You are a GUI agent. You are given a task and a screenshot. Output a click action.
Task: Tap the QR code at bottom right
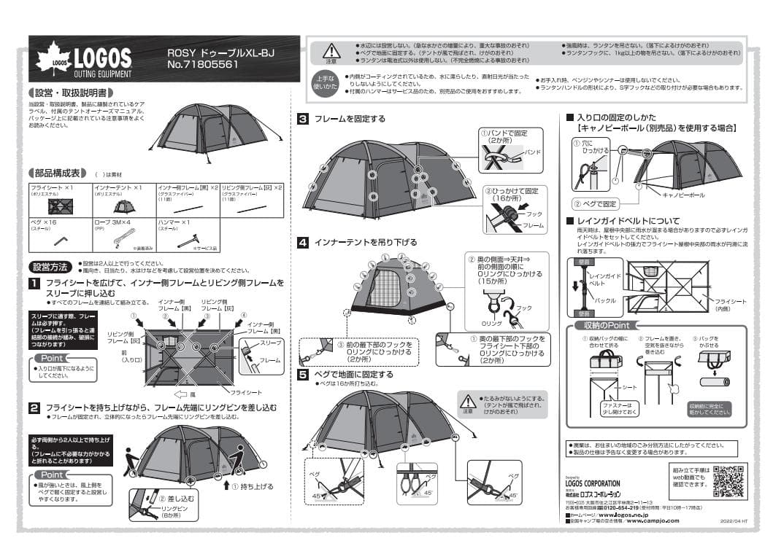click(x=728, y=480)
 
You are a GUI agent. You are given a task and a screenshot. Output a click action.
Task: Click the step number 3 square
click(x=303, y=119)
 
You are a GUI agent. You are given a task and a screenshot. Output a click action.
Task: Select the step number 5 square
click(x=303, y=375)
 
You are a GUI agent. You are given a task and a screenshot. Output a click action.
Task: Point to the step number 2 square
click(x=34, y=407)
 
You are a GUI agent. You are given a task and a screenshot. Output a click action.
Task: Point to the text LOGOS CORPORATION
click(x=593, y=483)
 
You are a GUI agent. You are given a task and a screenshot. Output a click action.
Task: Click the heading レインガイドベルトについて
click(x=628, y=221)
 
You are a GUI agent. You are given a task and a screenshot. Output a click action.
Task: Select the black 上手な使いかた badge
click(x=326, y=82)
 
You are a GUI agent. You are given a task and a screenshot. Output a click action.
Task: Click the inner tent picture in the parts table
click(x=122, y=206)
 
